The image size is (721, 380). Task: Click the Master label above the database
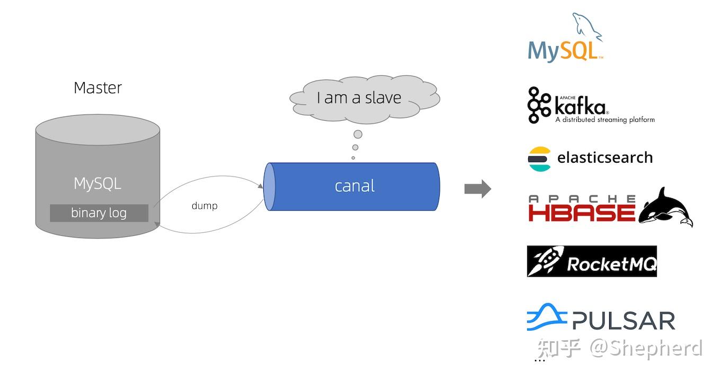97,87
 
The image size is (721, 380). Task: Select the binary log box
99,213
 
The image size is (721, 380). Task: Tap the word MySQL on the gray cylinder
97,184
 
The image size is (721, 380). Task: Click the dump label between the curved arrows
204,206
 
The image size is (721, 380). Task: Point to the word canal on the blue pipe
354,186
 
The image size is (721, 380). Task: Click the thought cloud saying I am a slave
364,98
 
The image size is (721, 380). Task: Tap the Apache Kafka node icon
539,105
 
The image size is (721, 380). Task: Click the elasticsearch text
605,158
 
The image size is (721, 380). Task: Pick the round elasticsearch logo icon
539,158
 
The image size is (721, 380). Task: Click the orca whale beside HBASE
666,207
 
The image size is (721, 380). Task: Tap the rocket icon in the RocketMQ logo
546,261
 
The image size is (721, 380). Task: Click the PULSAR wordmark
624,321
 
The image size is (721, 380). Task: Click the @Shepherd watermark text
646,348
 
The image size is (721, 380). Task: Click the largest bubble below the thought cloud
358,134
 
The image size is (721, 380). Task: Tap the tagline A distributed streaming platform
604,120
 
